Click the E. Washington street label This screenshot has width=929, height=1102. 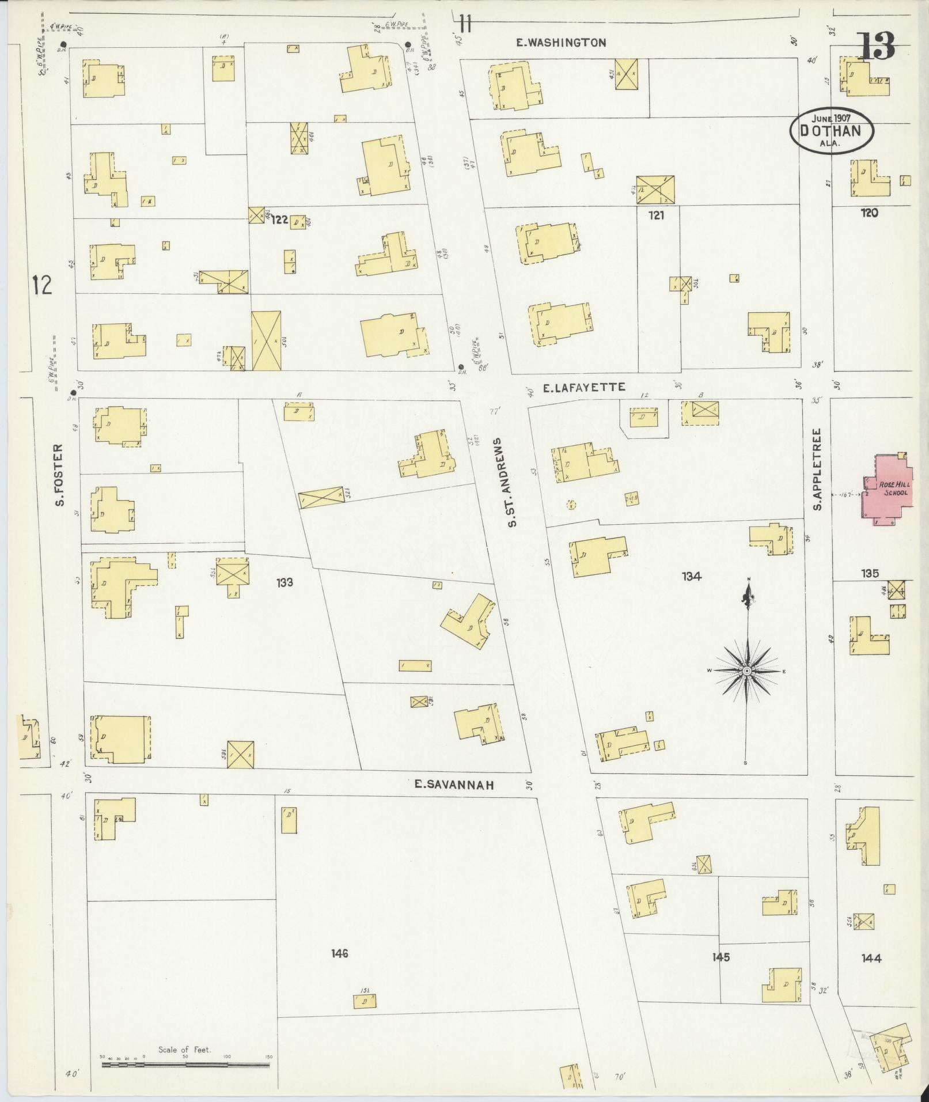[560, 43]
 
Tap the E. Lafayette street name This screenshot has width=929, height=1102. [583, 388]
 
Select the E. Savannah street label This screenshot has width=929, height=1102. [454, 784]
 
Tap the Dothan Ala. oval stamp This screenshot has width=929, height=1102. [831, 131]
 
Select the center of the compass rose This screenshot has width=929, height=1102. [746, 671]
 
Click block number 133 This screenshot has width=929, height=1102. [284, 582]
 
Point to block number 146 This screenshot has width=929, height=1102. [339, 953]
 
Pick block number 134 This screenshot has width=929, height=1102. [691, 575]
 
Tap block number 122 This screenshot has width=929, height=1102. [280, 219]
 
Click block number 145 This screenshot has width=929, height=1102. [721, 957]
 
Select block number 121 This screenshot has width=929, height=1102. [657, 215]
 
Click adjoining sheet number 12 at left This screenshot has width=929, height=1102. [42, 285]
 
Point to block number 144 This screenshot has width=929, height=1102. [871, 958]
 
